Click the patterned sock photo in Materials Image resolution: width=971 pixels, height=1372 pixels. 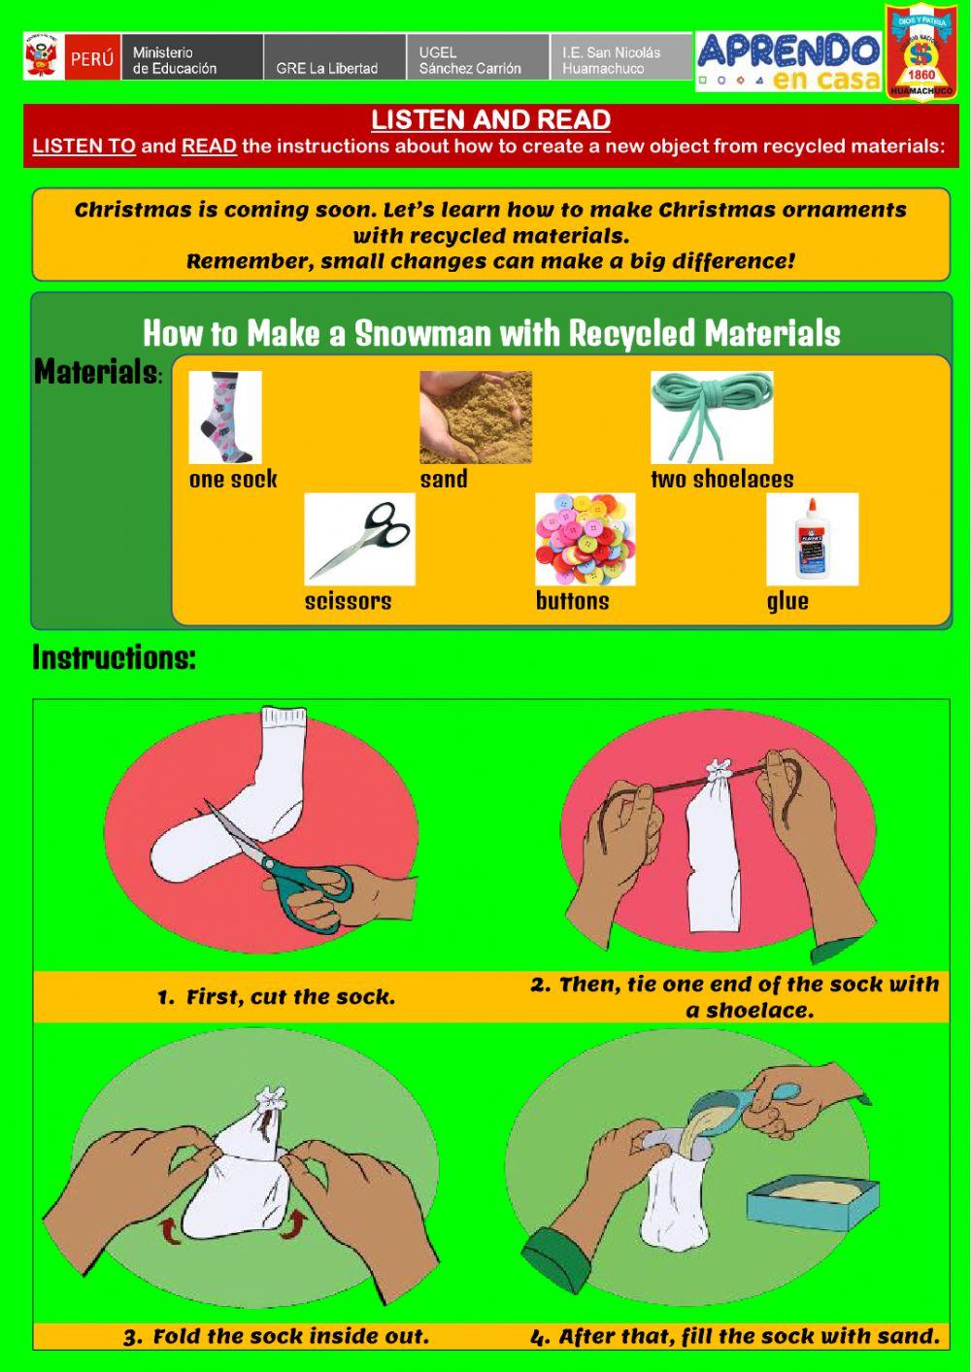click(x=225, y=417)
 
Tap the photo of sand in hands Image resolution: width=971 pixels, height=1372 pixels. click(x=476, y=417)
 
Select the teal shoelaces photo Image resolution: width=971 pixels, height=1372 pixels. click(x=712, y=417)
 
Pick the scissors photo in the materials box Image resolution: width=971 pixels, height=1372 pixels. click(x=359, y=539)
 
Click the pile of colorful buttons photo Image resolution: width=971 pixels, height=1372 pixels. click(x=585, y=539)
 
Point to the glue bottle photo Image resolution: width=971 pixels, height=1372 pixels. click(x=812, y=539)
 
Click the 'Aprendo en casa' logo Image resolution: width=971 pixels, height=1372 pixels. click(x=787, y=61)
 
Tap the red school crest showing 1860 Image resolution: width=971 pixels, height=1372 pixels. click(x=920, y=52)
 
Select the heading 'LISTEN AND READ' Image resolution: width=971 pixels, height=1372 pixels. click(x=490, y=120)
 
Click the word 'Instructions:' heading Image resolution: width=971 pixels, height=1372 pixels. click(x=115, y=657)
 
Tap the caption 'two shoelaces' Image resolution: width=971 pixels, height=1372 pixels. click(x=721, y=479)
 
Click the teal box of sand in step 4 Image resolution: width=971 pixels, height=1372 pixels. click(x=813, y=1205)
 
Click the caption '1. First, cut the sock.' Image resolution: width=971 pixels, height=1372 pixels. click(x=277, y=997)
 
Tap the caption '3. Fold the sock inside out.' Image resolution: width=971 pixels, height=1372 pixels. click(x=276, y=1336)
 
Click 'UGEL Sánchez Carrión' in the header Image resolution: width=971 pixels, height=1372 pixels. click(x=470, y=60)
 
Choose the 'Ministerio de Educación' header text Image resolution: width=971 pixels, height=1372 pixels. click(x=175, y=60)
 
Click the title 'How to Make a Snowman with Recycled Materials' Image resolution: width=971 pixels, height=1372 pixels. click(x=491, y=333)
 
